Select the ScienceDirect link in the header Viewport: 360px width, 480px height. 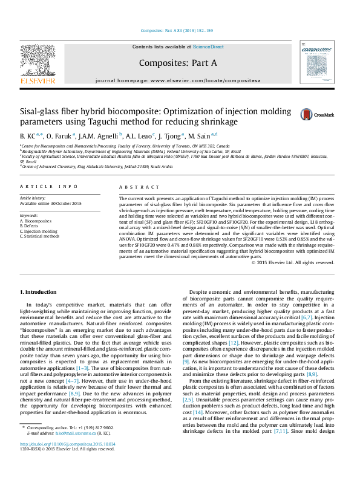tap(208, 47)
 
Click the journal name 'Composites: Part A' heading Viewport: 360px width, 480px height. tap(177, 62)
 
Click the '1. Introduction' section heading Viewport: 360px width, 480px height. tap(38, 291)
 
